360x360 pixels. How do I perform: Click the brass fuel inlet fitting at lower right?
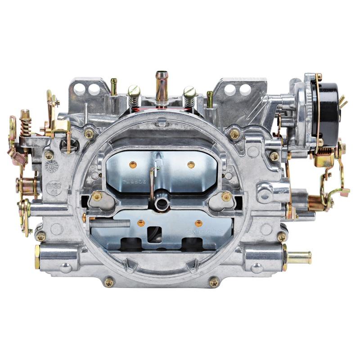(299, 257)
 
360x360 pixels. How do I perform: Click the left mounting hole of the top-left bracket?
(80, 89)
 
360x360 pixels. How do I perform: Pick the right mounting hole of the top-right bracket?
(245, 89)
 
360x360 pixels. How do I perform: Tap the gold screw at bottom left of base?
(109, 282)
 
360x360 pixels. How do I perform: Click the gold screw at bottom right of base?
(214, 282)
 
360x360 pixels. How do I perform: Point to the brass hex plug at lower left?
(37, 257)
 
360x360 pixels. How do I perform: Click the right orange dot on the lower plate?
(198, 223)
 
